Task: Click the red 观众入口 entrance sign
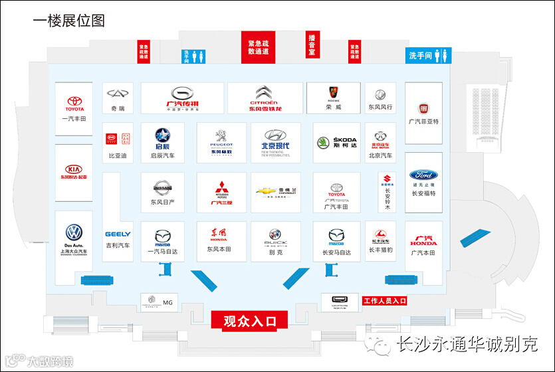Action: tap(249, 321)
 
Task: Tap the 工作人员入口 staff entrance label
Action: tap(384, 301)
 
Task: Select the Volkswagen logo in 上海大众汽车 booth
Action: tap(74, 232)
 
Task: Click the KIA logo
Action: tap(74, 169)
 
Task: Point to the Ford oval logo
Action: tap(423, 175)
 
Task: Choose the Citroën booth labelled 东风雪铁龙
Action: tap(264, 98)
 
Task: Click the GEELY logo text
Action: tap(118, 234)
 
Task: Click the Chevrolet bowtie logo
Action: tap(266, 191)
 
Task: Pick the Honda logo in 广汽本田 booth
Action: tap(423, 239)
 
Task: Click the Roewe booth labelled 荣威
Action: tap(333, 98)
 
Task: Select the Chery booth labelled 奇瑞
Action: tap(118, 98)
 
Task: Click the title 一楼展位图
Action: tap(69, 20)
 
